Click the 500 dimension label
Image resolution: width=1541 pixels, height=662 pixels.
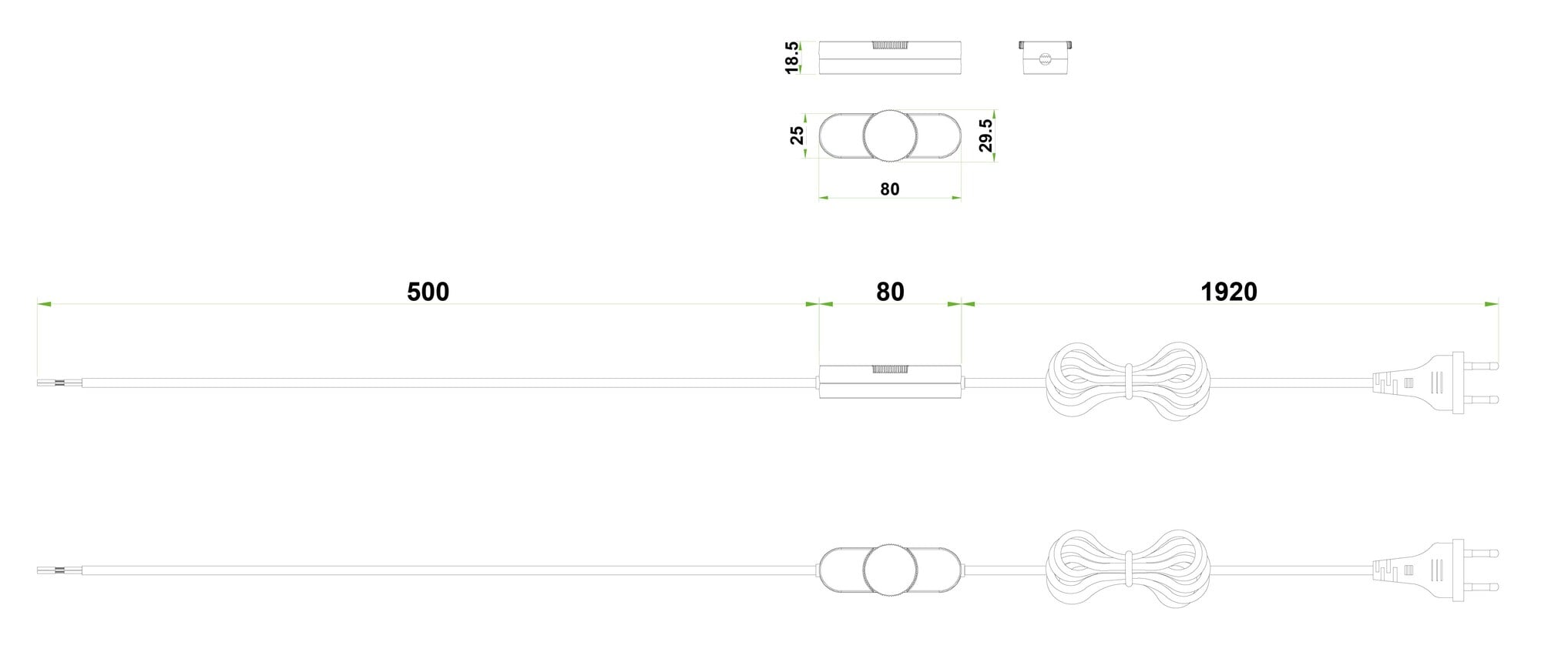click(428, 292)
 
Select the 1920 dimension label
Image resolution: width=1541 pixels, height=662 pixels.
click(1229, 292)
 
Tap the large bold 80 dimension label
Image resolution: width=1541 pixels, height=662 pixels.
click(890, 292)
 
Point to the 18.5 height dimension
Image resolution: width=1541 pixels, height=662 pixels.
click(792, 58)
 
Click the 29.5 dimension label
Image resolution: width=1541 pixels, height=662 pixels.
click(985, 135)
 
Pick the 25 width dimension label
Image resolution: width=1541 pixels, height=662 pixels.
click(797, 135)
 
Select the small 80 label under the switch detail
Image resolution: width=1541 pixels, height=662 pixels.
click(890, 189)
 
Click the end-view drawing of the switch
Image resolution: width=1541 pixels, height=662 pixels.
click(1046, 58)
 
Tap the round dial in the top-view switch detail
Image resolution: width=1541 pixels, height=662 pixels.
click(890, 136)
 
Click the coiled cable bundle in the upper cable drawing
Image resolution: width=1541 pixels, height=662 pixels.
click(1127, 383)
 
